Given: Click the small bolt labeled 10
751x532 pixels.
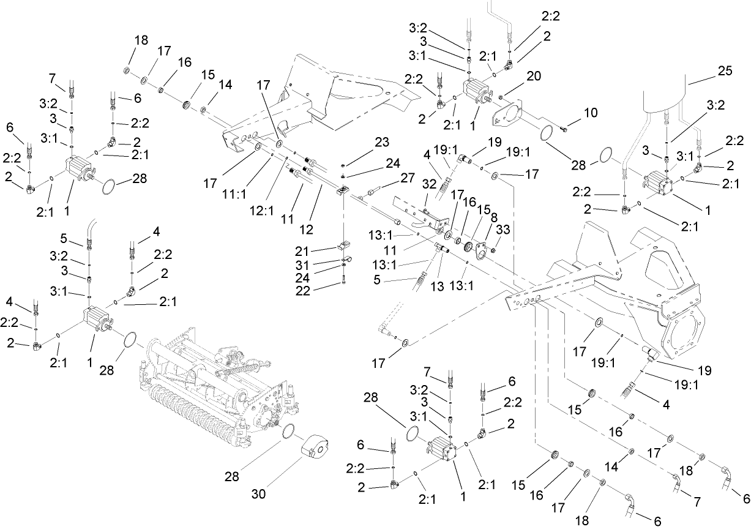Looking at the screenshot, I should coord(564,129).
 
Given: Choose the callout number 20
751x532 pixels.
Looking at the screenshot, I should coord(534,76).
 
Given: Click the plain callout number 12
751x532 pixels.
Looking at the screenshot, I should coord(305,229).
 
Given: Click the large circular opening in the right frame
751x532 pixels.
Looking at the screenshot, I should coord(689,334).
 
